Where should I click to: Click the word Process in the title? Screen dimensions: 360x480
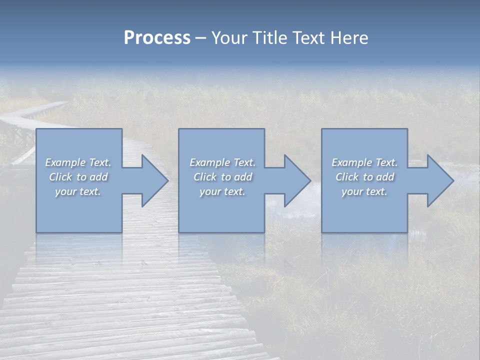click(157, 38)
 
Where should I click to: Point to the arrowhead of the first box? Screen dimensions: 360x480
click(153, 181)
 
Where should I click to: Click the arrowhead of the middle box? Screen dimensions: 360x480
click(296, 181)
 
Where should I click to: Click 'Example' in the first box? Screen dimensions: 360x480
click(65, 162)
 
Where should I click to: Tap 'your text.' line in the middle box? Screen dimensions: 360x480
click(222, 191)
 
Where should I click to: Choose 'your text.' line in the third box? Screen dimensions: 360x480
click(364, 191)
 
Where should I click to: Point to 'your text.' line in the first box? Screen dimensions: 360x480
click(77, 191)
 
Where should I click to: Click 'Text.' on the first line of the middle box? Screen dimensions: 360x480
click(244, 162)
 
